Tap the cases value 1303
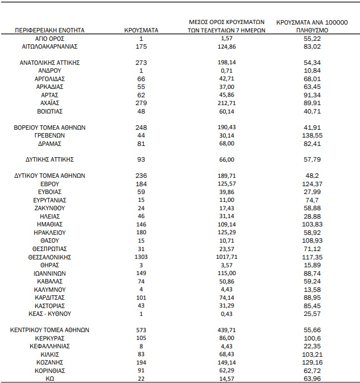141,257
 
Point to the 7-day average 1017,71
226,257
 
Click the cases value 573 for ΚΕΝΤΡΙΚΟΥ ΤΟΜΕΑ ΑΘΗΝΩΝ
141,330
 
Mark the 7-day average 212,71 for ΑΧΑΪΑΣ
226,103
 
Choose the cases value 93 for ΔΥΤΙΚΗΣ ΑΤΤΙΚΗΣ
141,159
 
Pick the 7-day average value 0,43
226,314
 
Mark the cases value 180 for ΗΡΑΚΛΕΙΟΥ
141,233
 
